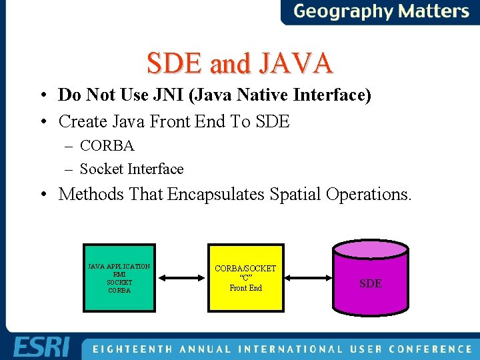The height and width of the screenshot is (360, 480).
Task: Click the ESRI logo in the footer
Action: [40, 347]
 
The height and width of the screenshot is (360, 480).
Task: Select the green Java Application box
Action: [119, 278]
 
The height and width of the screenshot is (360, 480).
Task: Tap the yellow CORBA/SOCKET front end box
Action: [245, 278]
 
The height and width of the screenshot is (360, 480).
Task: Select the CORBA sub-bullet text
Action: [107, 145]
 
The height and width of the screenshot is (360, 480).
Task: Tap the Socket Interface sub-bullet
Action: [131, 169]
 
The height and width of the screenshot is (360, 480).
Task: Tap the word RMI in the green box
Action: [119, 274]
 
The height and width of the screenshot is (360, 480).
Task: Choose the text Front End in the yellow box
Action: [245, 288]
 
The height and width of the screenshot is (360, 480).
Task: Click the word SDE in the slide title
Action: [176, 63]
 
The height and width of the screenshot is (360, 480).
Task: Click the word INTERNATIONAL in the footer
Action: [289, 349]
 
